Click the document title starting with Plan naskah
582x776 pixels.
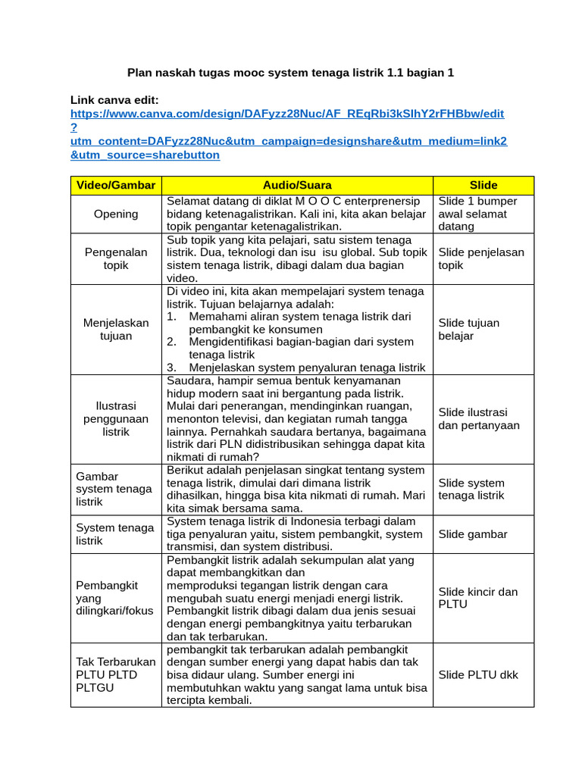tap(290, 73)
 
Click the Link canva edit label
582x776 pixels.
tap(114, 100)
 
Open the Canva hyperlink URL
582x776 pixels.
tap(287, 114)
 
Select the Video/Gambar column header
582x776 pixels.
tap(116, 185)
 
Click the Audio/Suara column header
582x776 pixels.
tap(297, 185)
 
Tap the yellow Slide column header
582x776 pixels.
tap(483, 185)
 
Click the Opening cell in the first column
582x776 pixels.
tap(116, 214)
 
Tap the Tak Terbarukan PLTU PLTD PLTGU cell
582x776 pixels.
tap(115, 674)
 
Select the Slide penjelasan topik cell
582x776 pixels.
tap(481, 258)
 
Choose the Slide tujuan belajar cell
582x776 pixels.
tap(468, 329)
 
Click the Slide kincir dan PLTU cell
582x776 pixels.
tap(477, 598)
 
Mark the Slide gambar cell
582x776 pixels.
tap(473, 534)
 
